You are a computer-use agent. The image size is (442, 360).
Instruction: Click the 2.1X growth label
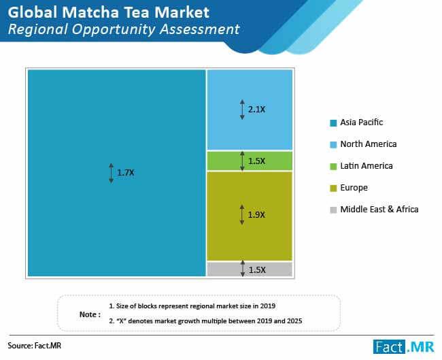click(x=256, y=110)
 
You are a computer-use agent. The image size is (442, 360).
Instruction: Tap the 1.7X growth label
click(x=126, y=173)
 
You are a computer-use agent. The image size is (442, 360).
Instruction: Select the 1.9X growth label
click(x=256, y=215)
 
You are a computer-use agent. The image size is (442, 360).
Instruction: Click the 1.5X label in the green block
click(x=256, y=161)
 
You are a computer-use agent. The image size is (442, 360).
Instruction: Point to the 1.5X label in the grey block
click(x=257, y=270)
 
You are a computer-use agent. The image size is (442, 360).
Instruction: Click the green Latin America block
click(x=250, y=161)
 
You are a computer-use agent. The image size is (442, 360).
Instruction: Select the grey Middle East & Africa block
click(x=250, y=269)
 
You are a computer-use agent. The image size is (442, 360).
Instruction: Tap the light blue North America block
click(x=250, y=110)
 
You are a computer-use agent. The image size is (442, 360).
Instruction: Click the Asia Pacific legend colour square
click(x=333, y=123)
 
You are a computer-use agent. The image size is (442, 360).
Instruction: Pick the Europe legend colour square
click(x=333, y=189)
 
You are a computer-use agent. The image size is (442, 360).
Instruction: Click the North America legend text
click(x=369, y=144)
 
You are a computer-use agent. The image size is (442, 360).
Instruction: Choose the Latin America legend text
click(x=367, y=166)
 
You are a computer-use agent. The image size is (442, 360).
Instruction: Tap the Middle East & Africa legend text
click(x=379, y=210)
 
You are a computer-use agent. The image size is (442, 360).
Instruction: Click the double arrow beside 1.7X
click(x=112, y=173)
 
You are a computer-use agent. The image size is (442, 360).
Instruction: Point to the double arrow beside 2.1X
click(x=242, y=110)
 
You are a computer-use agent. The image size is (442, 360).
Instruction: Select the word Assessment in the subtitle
click(x=200, y=29)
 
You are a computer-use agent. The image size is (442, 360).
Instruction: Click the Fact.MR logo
click(x=404, y=346)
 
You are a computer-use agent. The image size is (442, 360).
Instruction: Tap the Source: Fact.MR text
click(x=35, y=346)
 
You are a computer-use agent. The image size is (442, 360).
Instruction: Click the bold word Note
click(x=88, y=314)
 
